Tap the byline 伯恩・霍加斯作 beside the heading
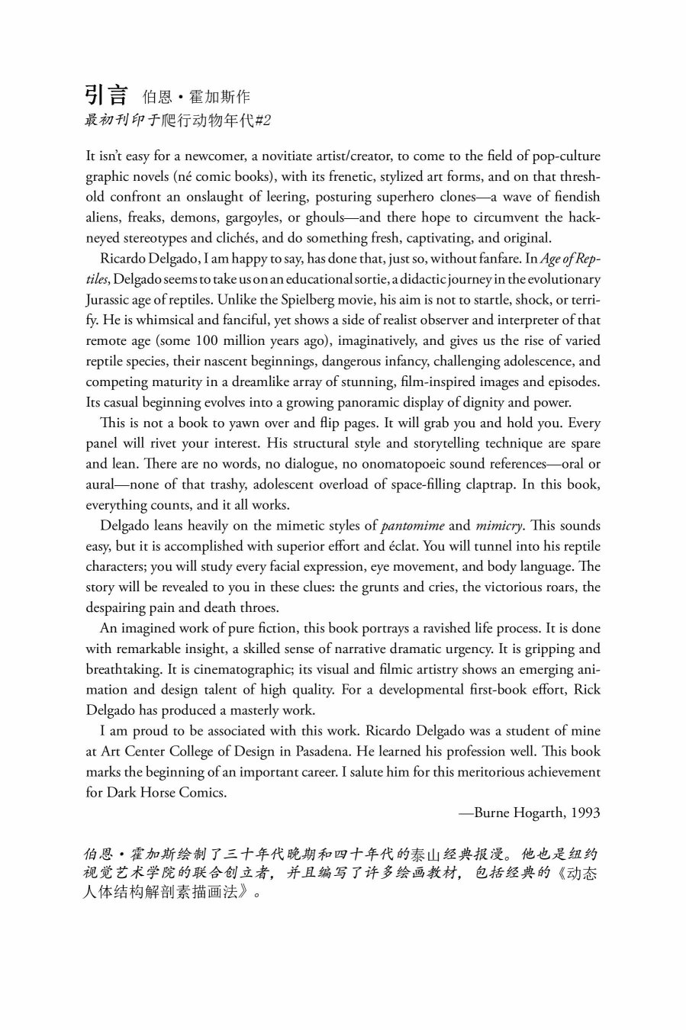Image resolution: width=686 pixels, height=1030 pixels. (197, 98)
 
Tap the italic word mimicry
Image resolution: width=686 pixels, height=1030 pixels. (499, 526)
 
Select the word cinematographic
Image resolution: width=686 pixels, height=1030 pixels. (285, 670)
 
